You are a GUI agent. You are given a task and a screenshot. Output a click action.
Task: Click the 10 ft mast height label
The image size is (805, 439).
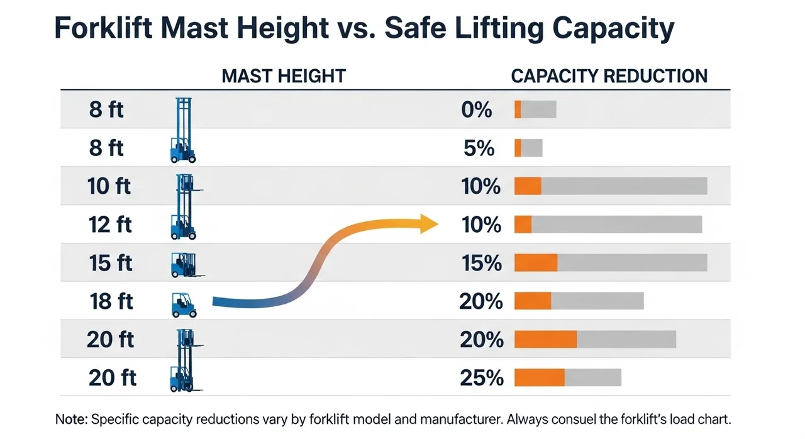coord(109,187)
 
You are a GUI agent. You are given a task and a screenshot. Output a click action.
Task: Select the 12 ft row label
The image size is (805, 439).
coord(111,225)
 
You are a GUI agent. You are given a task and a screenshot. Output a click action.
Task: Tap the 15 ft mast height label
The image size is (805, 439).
coord(111,263)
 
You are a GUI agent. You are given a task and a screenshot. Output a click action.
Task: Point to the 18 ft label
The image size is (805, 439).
coord(111,301)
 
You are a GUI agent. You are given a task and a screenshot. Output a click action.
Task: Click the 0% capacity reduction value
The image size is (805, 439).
coord(476,110)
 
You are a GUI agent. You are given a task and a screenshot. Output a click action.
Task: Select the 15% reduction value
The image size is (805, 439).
coord(482,263)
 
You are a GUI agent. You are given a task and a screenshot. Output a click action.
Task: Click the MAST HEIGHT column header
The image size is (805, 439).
coord(284,77)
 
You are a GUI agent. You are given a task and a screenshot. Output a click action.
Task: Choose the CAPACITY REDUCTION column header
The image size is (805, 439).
coord(609,77)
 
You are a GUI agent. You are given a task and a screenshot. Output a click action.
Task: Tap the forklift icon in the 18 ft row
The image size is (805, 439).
coord(184,304)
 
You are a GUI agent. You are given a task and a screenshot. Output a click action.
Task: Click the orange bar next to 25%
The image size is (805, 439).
coord(540,377)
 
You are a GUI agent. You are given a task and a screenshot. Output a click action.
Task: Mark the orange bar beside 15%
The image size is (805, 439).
coord(536,263)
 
